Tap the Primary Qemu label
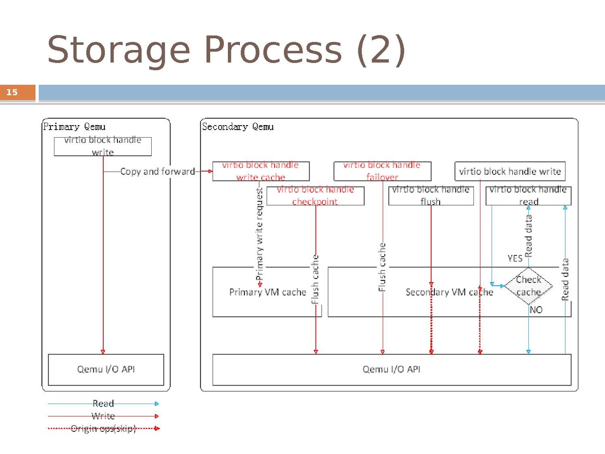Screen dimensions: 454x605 pyautogui.click(x=74, y=127)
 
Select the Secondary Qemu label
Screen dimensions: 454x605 pyautogui.click(x=237, y=127)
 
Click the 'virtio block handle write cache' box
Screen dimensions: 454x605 pyautogui.click(x=261, y=171)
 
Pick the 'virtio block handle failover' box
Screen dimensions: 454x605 pyautogui.click(x=382, y=171)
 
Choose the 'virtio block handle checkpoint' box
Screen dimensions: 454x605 pyautogui.click(x=315, y=195)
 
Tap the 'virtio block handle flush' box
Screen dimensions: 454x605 pyautogui.click(x=431, y=195)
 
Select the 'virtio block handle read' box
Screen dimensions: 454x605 pyautogui.click(x=528, y=195)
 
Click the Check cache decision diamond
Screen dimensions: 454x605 pyautogui.click(x=528, y=286)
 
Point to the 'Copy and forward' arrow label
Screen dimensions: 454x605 pyautogui.click(x=157, y=172)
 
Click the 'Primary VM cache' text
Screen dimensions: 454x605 pyautogui.click(x=267, y=292)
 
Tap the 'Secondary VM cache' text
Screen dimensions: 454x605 pyautogui.click(x=449, y=292)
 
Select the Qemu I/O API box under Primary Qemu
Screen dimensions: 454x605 pyautogui.click(x=106, y=369)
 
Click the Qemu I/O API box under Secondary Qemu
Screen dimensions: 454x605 pyautogui.click(x=391, y=369)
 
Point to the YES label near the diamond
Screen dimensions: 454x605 pyautogui.click(x=515, y=258)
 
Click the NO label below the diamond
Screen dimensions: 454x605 pyautogui.click(x=536, y=310)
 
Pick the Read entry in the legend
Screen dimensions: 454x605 pyautogui.click(x=103, y=404)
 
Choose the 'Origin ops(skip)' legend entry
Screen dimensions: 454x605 pyautogui.click(x=103, y=429)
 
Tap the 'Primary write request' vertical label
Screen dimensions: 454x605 pyautogui.click(x=260, y=235)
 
